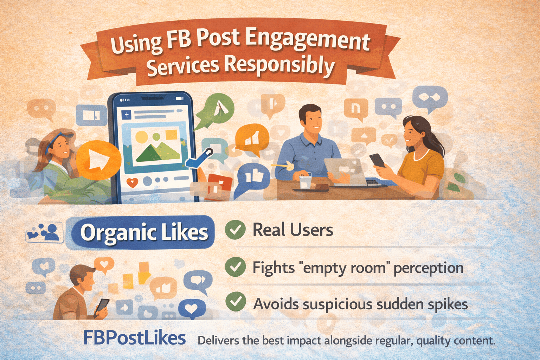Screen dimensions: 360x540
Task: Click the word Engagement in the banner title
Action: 307,41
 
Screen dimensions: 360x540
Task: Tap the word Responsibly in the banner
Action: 279,65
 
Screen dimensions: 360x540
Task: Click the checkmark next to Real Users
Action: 235,230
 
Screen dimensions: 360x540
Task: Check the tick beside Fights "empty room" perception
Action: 235,267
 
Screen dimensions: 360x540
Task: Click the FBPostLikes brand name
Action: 134,338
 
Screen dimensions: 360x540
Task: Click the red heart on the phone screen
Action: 132,182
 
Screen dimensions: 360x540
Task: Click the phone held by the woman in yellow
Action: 378,160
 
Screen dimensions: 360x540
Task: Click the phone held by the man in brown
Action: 102,306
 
